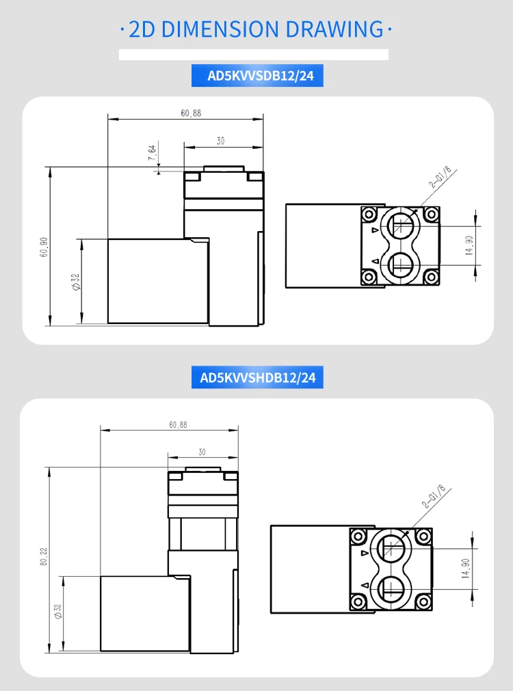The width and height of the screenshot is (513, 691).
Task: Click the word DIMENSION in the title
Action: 220,29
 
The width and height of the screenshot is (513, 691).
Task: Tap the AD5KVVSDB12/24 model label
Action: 261,76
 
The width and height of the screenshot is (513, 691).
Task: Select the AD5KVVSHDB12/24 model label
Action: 258,378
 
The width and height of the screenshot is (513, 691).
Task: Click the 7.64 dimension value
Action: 152,152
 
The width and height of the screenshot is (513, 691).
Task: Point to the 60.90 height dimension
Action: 44,247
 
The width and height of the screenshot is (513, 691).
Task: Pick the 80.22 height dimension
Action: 43,556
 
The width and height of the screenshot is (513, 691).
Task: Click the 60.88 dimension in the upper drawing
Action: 191,113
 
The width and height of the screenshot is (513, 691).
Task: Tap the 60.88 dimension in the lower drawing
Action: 179,425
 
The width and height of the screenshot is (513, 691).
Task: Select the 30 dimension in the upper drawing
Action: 220,141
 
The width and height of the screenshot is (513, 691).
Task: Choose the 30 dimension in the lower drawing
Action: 202,452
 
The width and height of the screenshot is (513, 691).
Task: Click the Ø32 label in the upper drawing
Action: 76,282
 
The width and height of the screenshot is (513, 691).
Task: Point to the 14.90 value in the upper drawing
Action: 469,245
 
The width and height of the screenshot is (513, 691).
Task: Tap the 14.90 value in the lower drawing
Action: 466,568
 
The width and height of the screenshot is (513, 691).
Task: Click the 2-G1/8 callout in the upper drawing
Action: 440,177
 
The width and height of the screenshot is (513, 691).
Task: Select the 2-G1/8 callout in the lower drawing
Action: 433,497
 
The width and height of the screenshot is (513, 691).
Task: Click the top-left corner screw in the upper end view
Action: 369,215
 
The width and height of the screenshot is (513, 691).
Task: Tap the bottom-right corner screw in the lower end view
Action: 423,601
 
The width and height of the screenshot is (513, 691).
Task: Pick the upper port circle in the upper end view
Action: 400,225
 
